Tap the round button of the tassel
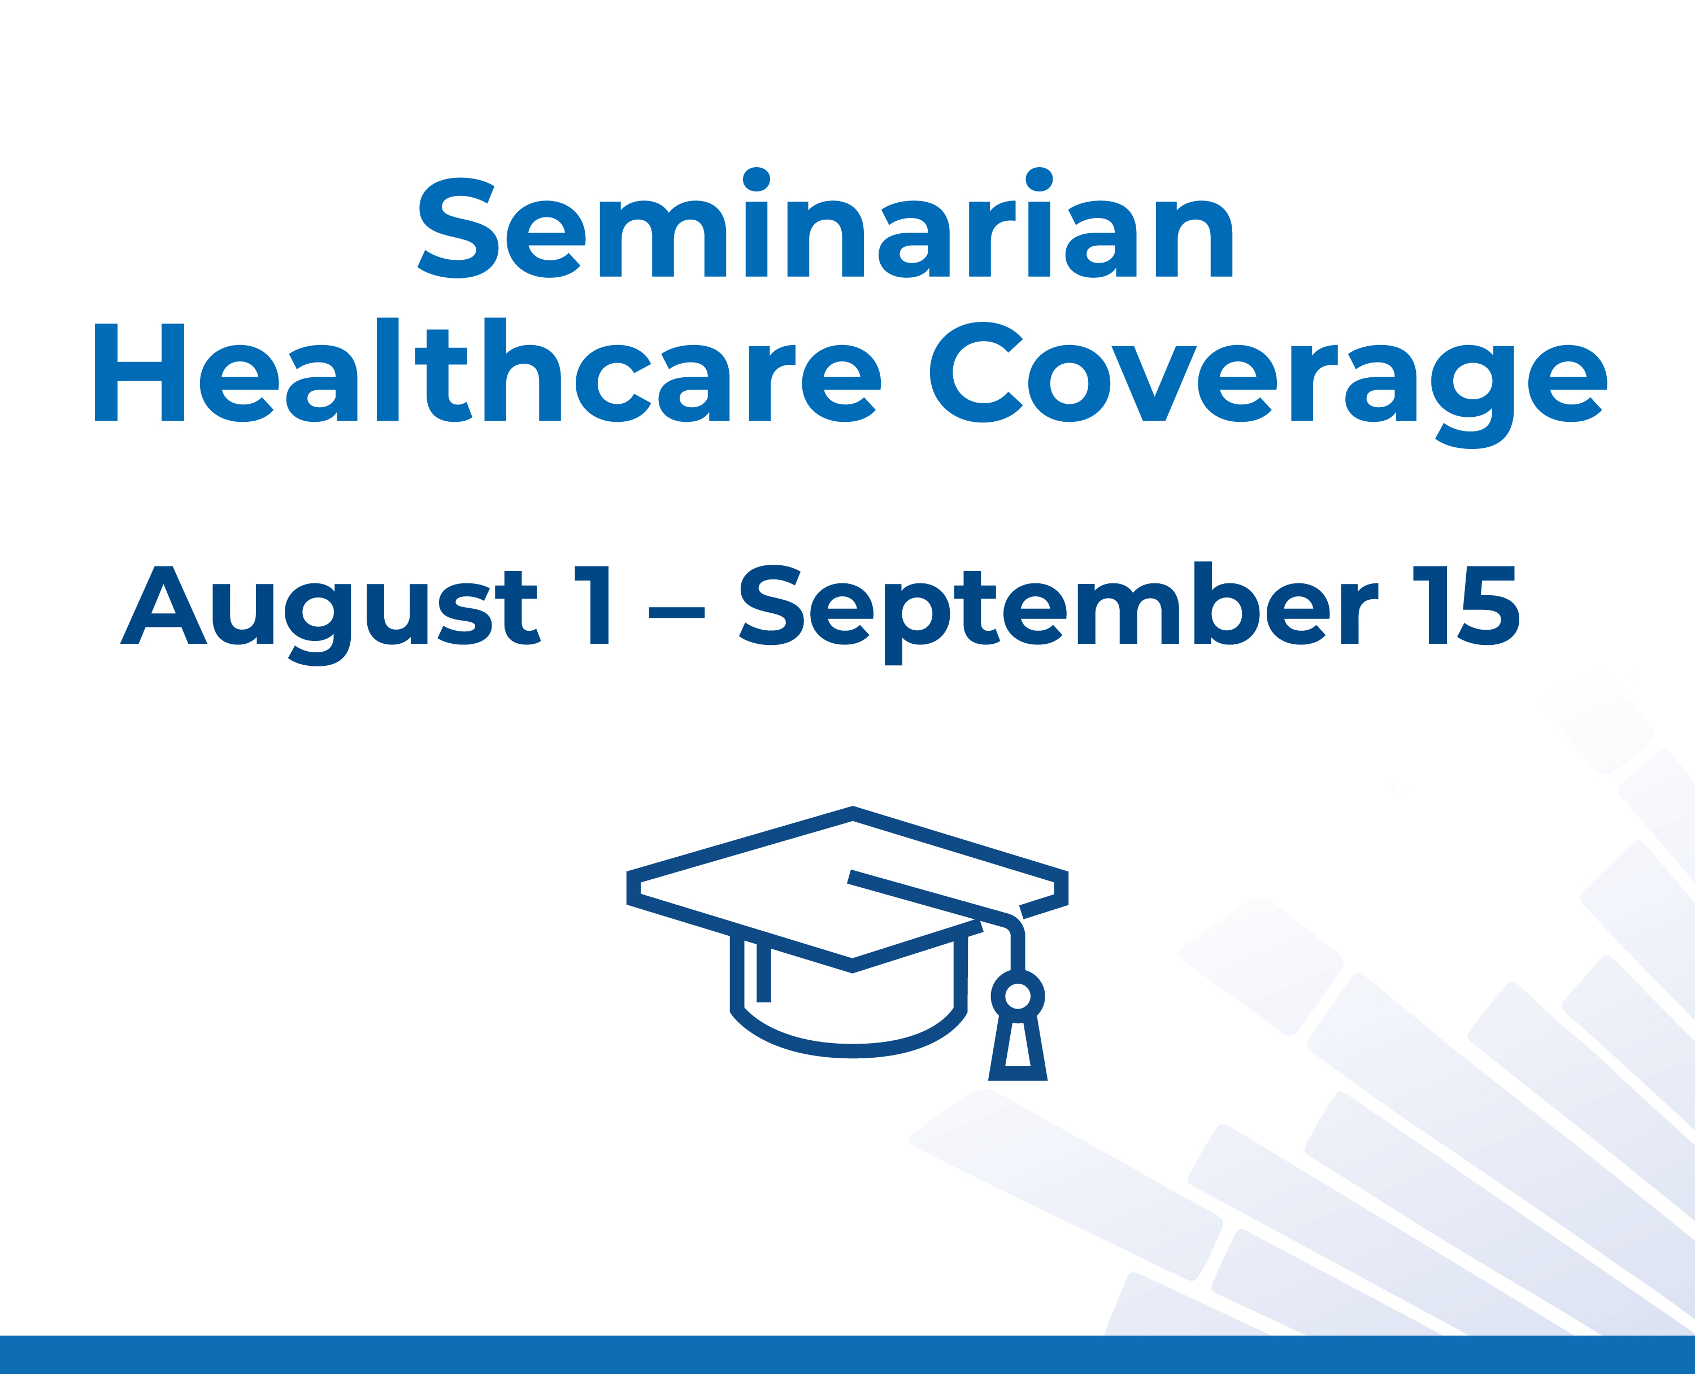[x=1018, y=996]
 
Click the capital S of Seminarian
[x=458, y=228]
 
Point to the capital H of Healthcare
[x=140, y=372]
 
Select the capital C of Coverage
[x=975, y=372]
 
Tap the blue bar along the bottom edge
[x=847, y=1355]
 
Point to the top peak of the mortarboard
[x=853, y=813]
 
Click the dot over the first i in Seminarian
[x=756, y=179]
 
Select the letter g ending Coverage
[x=1472, y=394]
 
